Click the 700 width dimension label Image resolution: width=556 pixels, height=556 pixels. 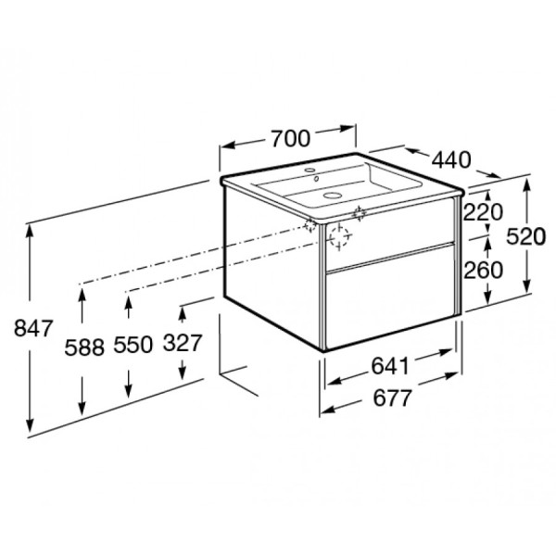click(290, 139)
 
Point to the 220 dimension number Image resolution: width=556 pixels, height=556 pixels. click(482, 212)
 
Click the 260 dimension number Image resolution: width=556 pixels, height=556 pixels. click(482, 270)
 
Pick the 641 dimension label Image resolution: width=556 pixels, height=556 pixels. click(390, 366)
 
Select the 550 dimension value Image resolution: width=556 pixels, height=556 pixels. click(131, 346)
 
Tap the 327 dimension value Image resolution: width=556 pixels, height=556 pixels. click(182, 344)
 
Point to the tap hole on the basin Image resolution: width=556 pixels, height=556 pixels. click(312, 174)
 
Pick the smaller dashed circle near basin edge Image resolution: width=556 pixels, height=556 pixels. click(360, 214)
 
